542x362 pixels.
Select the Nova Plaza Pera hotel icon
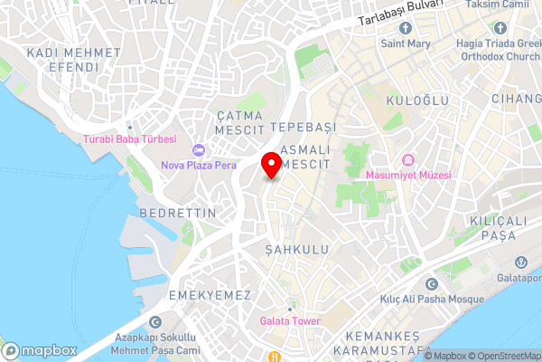pos(200,150)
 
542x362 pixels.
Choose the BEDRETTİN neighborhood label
pos(178,213)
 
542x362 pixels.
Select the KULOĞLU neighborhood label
pos(412,100)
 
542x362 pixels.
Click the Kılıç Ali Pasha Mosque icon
pos(432,284)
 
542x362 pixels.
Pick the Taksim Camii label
pos(496,5)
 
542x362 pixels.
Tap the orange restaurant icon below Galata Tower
pos(270,356)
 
